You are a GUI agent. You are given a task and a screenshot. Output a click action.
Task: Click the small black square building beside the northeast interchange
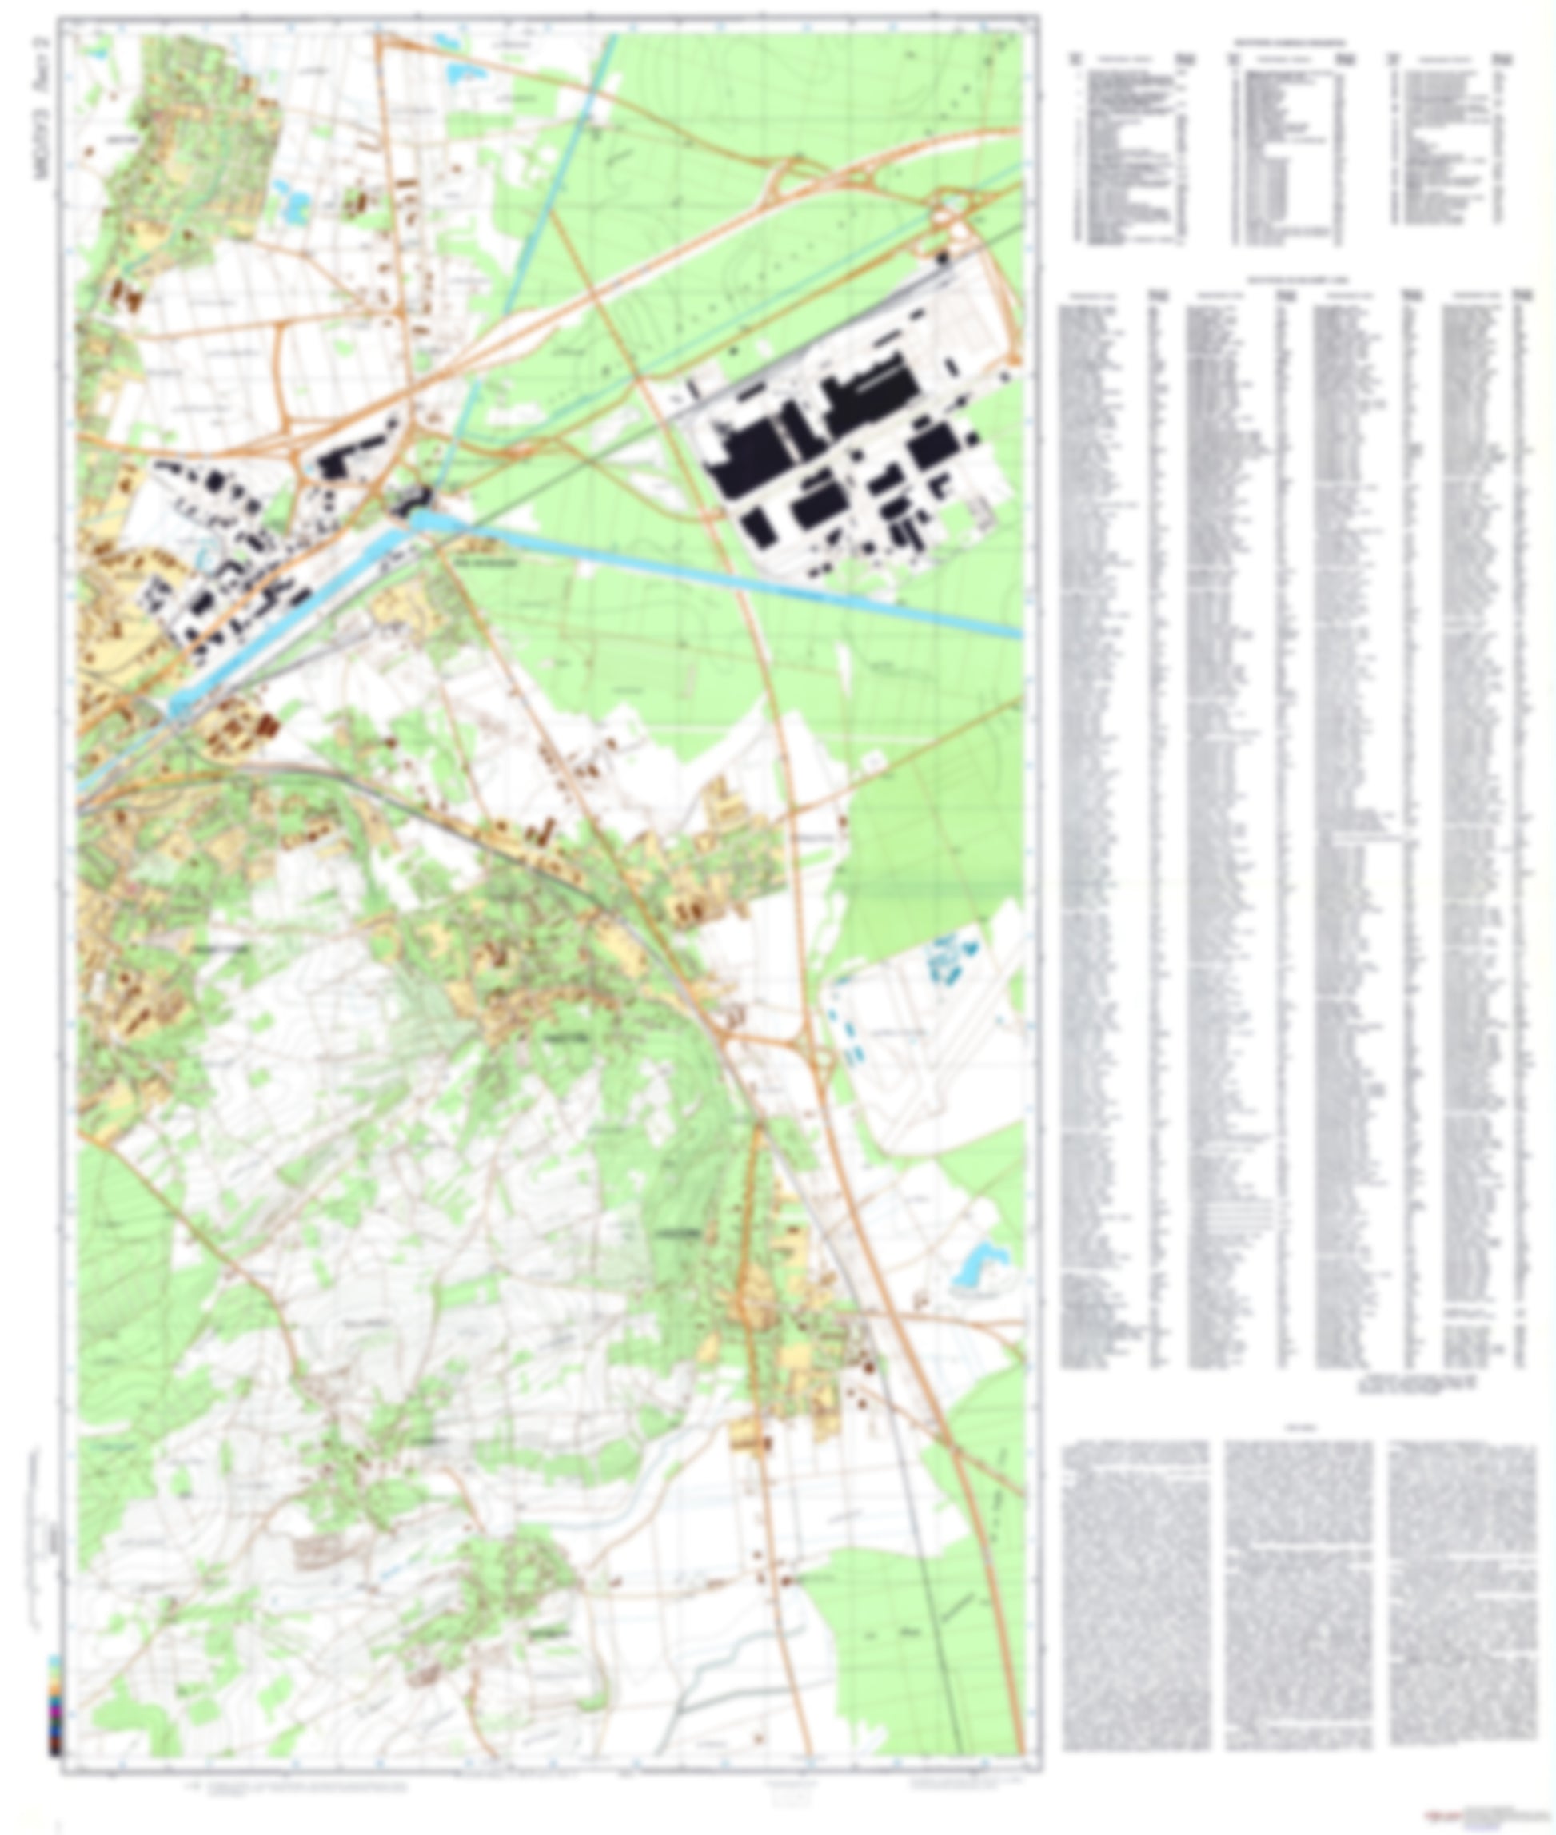coord(942,257)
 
